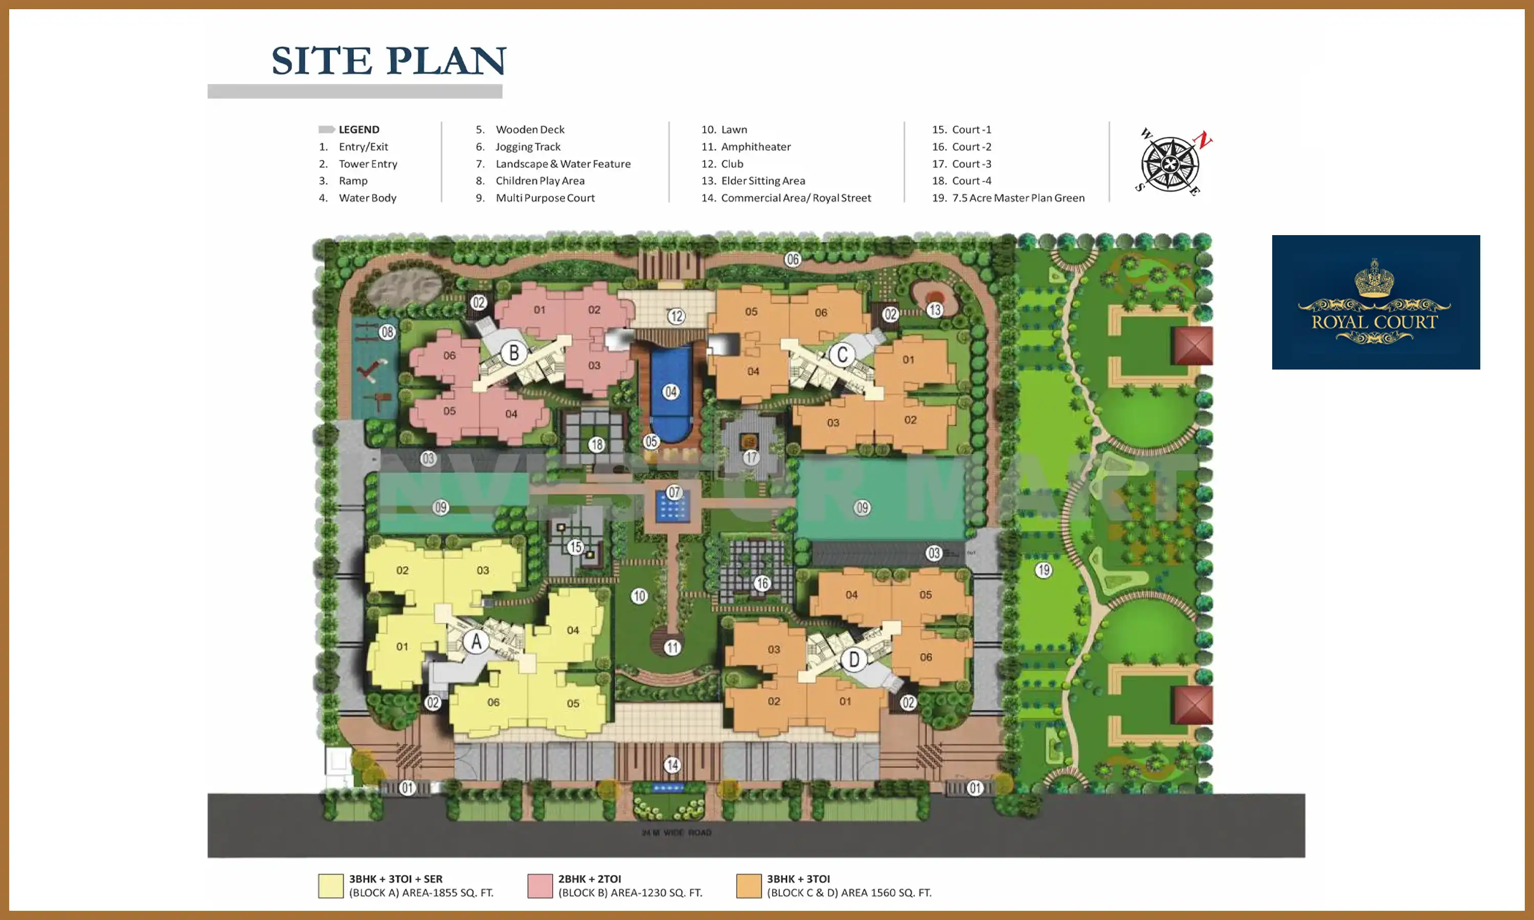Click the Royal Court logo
pos(1375,302)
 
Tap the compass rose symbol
pos(1170,164)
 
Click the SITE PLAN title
pos(389,61)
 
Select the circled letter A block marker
pos(476,641)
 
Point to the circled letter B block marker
pos(513,353)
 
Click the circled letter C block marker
pos(842,355)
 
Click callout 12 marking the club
pos(676,316)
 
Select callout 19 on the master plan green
pos(1044,570)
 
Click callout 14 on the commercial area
pos(672,765)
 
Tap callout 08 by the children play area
pos(388,332)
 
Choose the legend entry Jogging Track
pos(528,147)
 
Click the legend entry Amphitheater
pos(755,147)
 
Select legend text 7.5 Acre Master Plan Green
pos(1018,198)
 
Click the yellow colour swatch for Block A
pos(330,886)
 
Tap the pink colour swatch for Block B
pos(539,886)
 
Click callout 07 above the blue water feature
pos(674,492)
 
